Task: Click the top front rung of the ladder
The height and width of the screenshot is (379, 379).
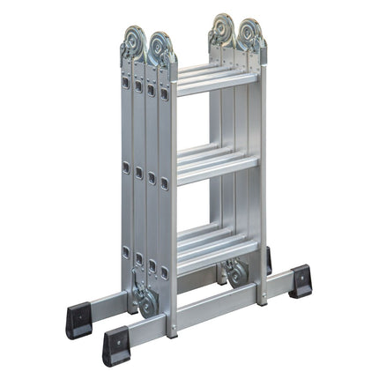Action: [216, 84]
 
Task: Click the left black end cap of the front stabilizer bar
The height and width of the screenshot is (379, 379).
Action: [116, 346]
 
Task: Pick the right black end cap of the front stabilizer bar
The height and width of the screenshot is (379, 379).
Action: [301, 280]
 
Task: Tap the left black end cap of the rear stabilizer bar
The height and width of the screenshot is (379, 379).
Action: [78, 319]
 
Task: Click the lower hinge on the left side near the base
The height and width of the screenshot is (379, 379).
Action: [145, 300]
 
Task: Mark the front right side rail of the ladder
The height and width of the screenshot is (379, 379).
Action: [261, 176]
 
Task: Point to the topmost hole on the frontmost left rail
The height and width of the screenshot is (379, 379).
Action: [164, 92]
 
